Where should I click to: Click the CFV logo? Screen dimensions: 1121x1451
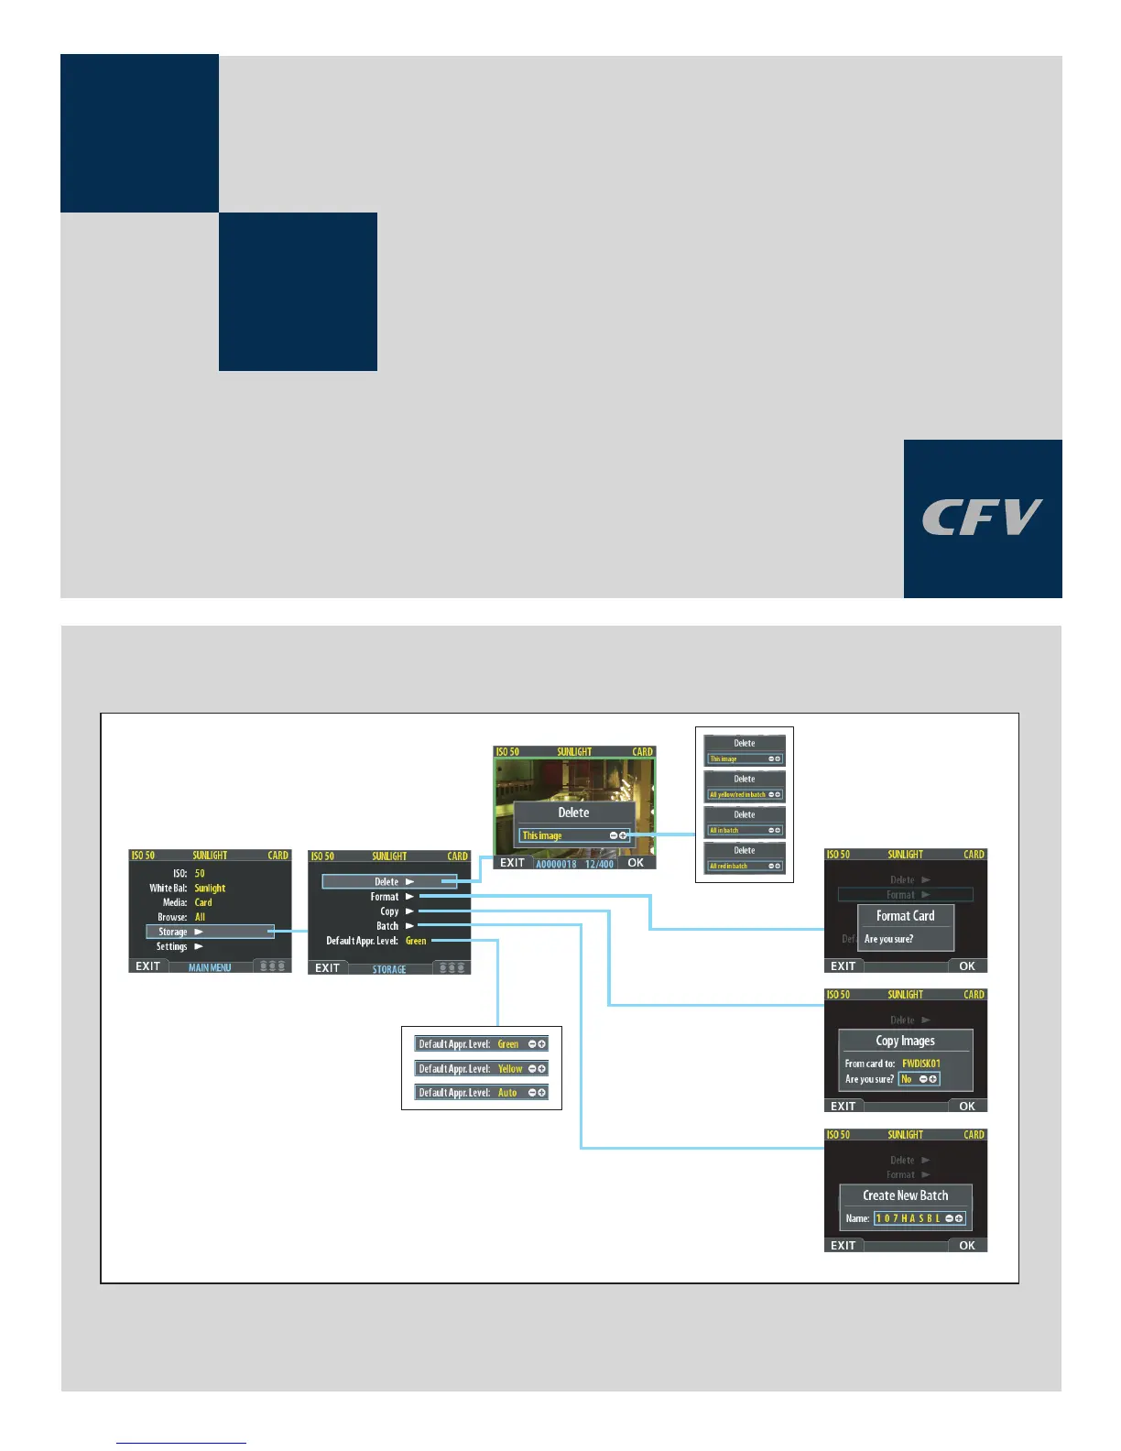[x=982, y=518]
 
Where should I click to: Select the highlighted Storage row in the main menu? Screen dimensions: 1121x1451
[x=210, y=932]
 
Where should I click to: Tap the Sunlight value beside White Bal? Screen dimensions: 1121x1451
[x=210, y=888]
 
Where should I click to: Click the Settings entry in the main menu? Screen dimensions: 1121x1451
[x=172, y=946]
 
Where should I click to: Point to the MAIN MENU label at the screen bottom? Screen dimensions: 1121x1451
[x=210, y=967]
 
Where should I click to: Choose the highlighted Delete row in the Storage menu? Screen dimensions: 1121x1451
[x=389, y=881]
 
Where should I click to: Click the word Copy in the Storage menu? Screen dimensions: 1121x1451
[x=389, y=911]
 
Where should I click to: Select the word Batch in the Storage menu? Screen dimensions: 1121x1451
[x=387, y=926]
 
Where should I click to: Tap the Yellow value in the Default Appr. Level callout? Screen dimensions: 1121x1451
[x=510, y=1069]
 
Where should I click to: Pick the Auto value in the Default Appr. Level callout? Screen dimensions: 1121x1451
[x=507, y=1093]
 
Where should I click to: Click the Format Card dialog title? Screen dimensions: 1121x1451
[x=905, y=916]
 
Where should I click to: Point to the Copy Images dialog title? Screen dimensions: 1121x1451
[x=905, y=1041]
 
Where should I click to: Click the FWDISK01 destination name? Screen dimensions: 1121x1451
[x=920, y=1064]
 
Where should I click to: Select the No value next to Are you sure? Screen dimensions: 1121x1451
[x=907, y=1079]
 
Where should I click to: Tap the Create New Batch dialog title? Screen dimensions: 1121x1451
[x=905, y=1195]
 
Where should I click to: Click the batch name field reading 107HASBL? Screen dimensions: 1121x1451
[x=908, y=1218]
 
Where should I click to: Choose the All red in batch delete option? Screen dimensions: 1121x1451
[x=729, y=866]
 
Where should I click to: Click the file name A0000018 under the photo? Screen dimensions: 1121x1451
[x=556, y=864]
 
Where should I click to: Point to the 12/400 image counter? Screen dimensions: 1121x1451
[x=599, y=864]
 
